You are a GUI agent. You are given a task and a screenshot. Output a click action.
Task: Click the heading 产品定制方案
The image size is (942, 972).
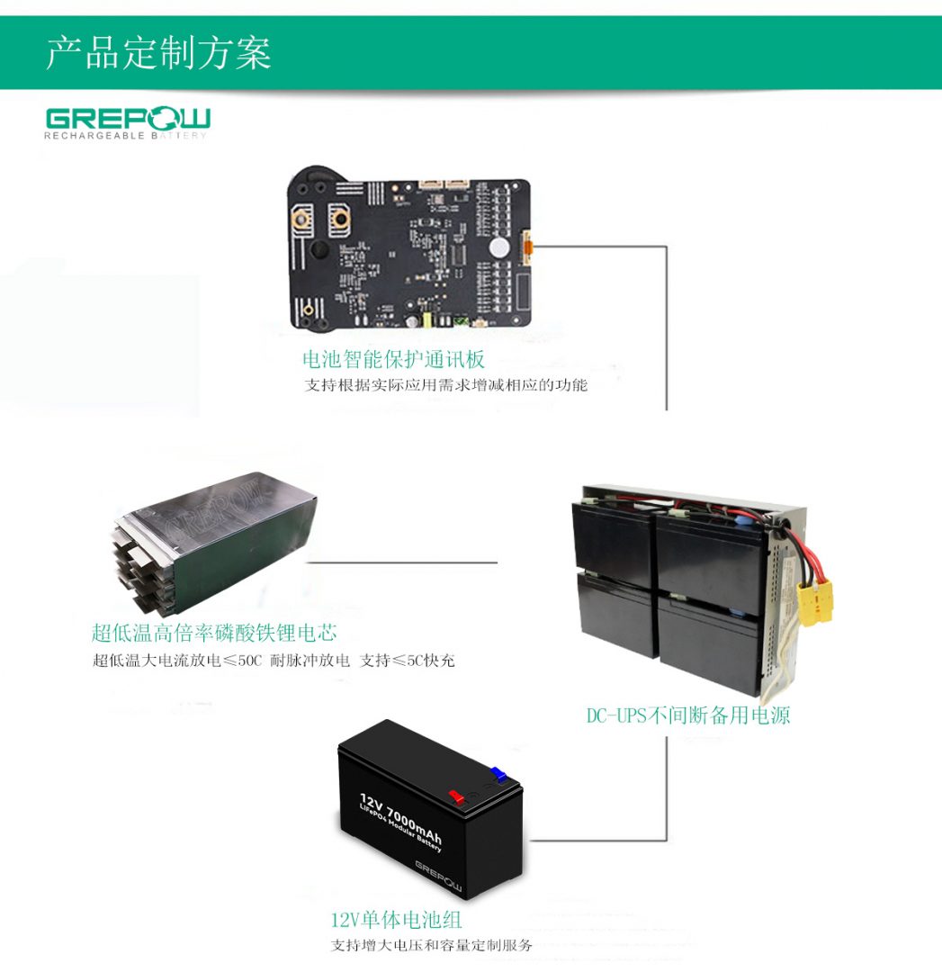(158, 54)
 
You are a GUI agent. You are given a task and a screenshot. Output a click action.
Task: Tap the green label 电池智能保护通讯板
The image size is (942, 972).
(393, 360)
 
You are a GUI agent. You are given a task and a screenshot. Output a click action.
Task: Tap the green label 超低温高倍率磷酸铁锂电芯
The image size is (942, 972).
(214, 633)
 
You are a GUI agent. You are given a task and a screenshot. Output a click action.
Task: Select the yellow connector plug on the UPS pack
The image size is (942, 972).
(814, 600)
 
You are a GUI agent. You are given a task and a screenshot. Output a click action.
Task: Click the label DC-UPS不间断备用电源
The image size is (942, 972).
(688, 716)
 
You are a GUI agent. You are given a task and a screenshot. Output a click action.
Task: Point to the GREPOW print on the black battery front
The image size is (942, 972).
(438, 877)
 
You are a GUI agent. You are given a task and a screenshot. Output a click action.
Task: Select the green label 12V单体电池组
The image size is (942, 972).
(396, 920)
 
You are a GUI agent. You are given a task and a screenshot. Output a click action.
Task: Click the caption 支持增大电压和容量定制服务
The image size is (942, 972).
(431, 946)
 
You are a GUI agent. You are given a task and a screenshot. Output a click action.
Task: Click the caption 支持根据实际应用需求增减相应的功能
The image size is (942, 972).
(445, 385)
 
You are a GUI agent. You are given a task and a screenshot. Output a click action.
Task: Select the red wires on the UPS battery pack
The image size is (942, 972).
(801, 549)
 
